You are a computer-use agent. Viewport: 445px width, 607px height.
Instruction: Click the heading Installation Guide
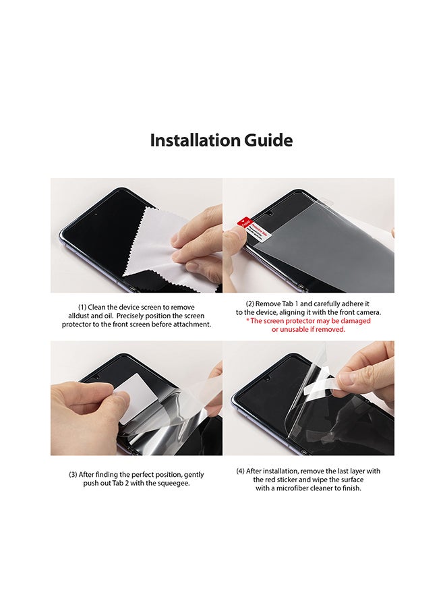point(221,140)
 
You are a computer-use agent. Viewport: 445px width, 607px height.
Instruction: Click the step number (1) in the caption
point(82,307)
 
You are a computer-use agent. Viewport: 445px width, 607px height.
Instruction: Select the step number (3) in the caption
point(73,475)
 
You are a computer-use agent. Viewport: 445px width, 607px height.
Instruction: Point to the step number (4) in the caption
point(241,471)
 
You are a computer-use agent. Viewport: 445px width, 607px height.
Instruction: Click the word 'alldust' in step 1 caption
point(82,316)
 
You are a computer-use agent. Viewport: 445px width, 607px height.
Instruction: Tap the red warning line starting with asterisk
point(308,321)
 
